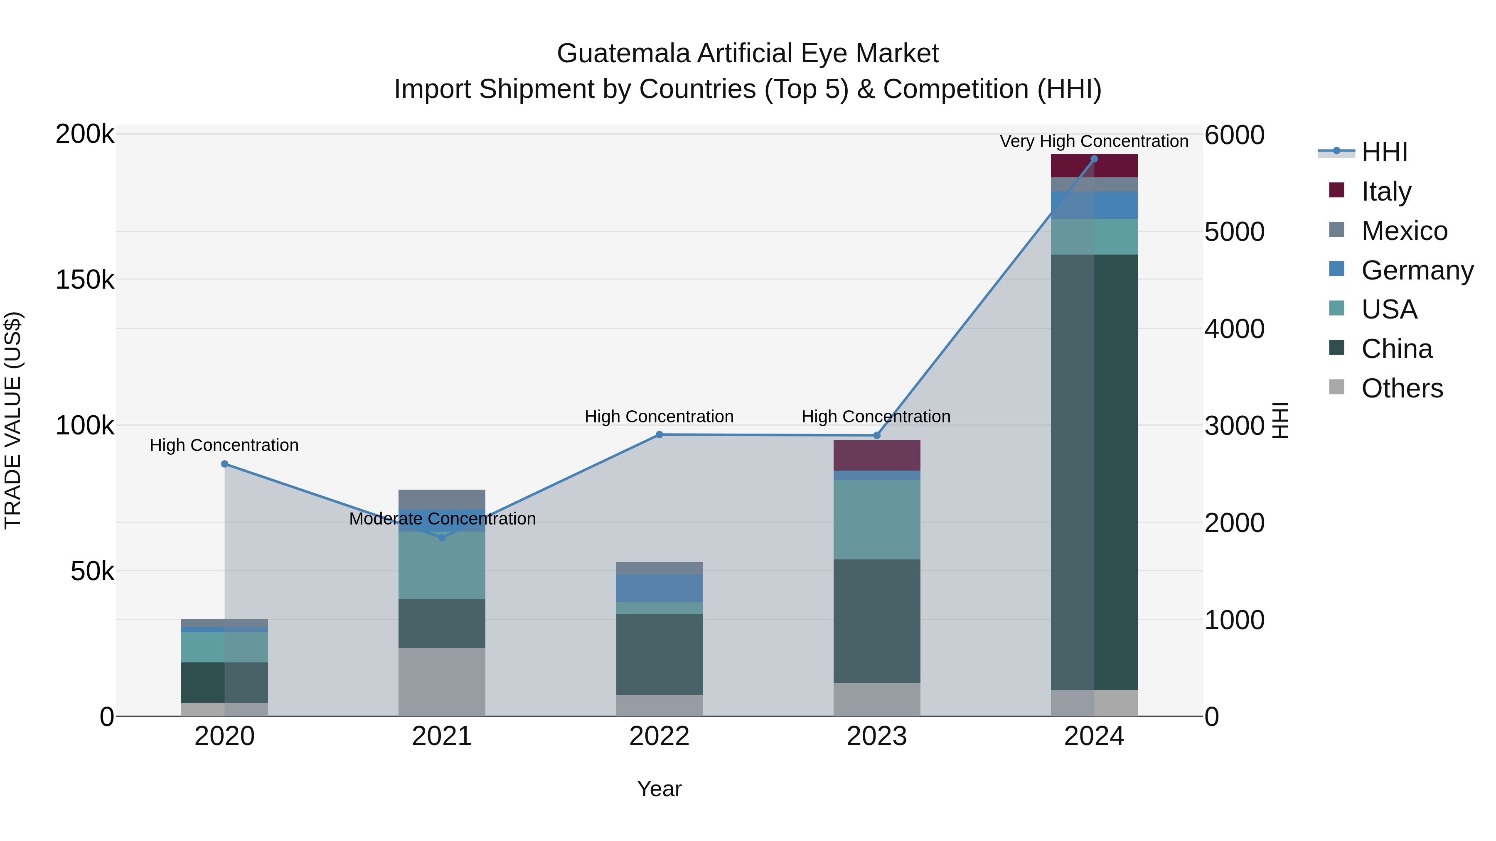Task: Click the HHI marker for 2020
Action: point(225,464)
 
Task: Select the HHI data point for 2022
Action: point(659,435)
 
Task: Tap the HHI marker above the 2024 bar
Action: point(1094,159)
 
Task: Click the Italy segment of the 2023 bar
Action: point(877,455)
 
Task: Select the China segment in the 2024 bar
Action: point(1094,471)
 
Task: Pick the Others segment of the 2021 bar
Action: point(442,682)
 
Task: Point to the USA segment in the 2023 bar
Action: point(877,520)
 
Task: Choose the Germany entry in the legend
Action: point(1417,270)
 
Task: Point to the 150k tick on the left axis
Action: point(85,280)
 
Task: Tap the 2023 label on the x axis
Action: point(876,736)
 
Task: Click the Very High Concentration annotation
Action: point(1094,141)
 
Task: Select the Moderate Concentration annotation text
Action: point(442,518)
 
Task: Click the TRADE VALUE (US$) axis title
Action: point(13,420)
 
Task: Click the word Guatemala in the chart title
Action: point(624,54)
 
